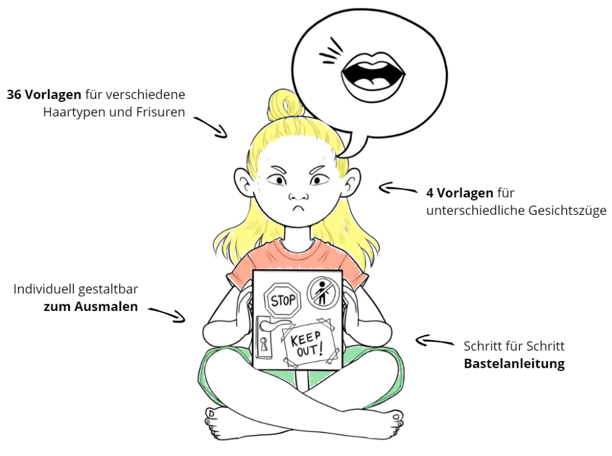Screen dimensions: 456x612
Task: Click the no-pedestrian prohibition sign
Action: pos(323,292)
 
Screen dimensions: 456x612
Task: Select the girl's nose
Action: pos(297,195)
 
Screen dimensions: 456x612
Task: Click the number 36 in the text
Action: pos(16,95)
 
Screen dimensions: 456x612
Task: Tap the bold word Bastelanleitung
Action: pos(514,363)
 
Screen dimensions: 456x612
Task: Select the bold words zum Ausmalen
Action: pos(90,307)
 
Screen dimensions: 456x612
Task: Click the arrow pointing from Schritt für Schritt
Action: pos(434,341)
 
